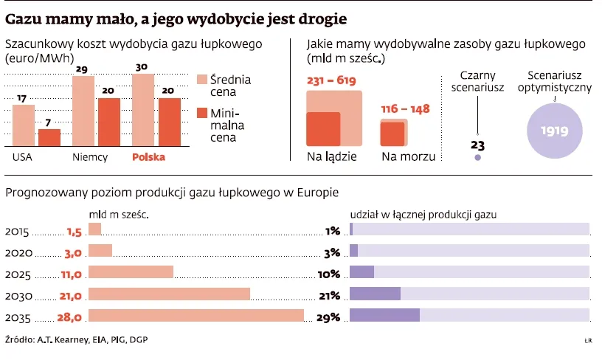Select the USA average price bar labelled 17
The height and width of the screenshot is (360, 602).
click(x=24, y=125)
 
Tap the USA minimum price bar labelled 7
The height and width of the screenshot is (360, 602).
click(x=49, y=138)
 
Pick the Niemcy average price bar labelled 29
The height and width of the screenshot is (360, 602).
click(x=83, y=111)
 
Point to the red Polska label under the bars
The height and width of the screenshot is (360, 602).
click(x=148, y=157)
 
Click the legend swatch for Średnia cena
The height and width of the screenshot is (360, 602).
click(x=201, y=80)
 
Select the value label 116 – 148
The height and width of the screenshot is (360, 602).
click(x=405, y=109)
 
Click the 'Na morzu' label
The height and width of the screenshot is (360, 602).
click(x=408, y=156)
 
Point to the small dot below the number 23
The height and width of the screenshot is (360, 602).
click(x=477, y=157)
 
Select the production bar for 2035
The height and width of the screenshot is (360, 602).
click(x=196, y=316)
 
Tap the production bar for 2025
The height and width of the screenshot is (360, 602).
click(x=131, y=272)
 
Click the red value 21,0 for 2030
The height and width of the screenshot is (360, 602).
click(x=70, y=295)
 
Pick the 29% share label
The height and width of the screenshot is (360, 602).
click(x=329, y=316)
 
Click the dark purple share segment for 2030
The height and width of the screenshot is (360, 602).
click(x=375, y=294)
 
